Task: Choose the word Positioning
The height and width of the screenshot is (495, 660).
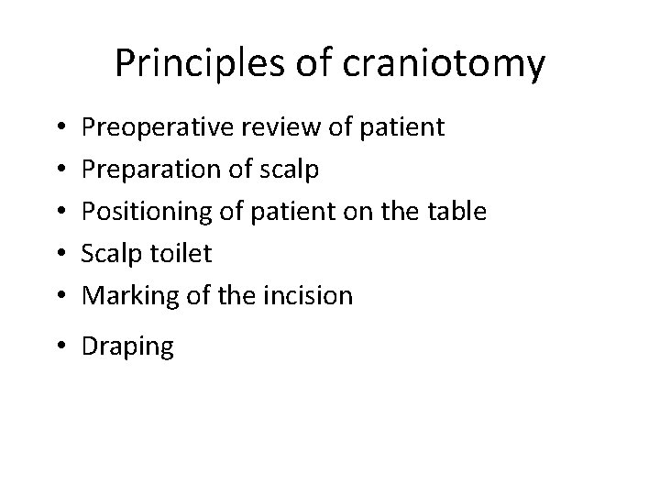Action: point(142,211)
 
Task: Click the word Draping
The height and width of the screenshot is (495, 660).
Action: point(127,347)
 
